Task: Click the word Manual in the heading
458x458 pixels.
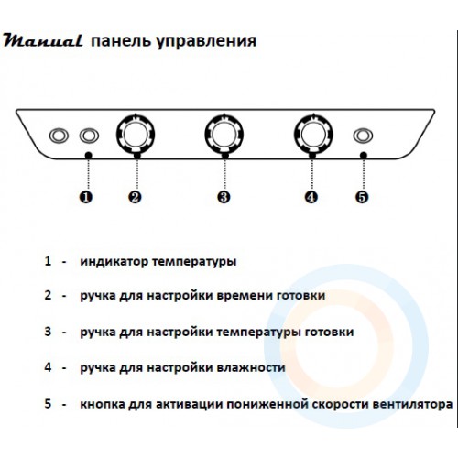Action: [x=43, y=40]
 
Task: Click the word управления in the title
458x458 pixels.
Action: [x=206, y=41]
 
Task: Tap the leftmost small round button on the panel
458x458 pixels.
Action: [x=59, y=136]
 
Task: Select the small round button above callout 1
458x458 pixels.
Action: [x=89, y=136]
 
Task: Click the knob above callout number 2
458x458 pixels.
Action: [x=136, y=135]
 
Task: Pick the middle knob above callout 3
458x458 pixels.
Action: [x=224, y=135]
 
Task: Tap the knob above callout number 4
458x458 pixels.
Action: [x=313, y=135]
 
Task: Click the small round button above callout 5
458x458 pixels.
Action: [x=363, y=136]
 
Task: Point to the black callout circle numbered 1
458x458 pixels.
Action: [x=86, y=197]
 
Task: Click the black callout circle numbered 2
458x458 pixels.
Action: [x=135, y=197]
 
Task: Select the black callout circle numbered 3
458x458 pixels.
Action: [x=224, y=197]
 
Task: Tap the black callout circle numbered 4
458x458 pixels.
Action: [x=311, y=197]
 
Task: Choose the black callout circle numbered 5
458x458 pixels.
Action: [x=362, y=197]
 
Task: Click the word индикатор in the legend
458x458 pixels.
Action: [x=114, y=262]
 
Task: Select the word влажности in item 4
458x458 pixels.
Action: [x=251, y=367]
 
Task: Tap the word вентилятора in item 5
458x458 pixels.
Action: [x=413, y=404]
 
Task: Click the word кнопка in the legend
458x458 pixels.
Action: [x=102, y=404]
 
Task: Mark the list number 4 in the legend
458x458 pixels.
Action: [x=48, y=367]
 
